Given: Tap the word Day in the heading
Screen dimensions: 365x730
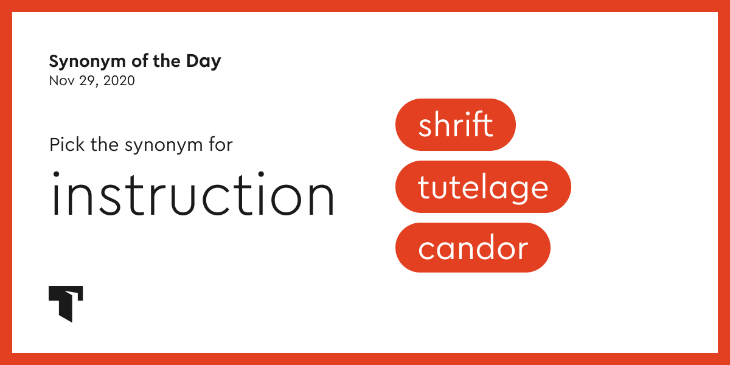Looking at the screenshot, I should click(x=205, y=61).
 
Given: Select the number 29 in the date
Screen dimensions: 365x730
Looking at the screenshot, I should click(x=85, y=80).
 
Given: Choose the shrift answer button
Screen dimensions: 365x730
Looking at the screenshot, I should click(x=455, y=125).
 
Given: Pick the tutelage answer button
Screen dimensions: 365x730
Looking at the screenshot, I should click(x=483, y=187).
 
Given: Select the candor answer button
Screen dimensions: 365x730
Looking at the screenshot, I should click(x=473, y=248).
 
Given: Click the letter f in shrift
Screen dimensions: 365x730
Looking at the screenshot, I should click(x=478, y=124).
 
